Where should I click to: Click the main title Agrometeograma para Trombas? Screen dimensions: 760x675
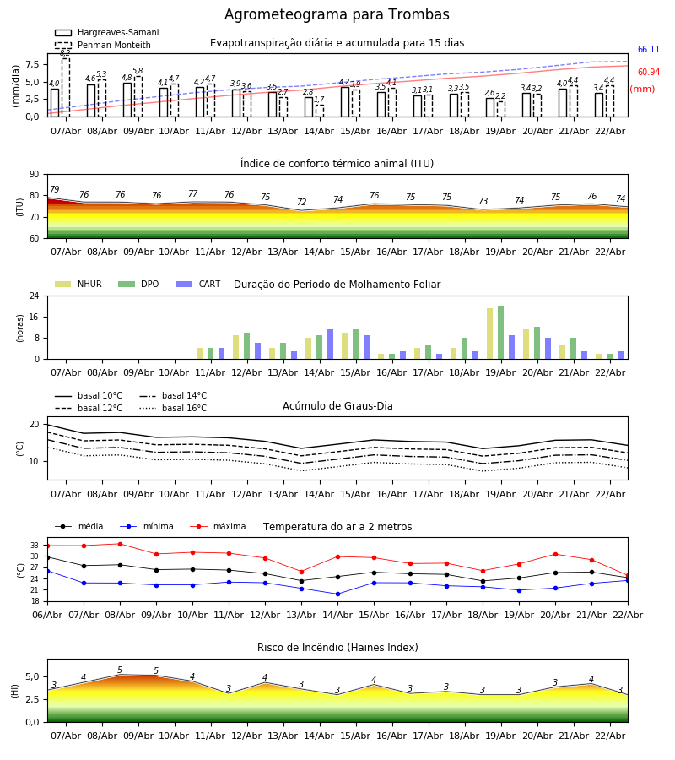[x=337, y=15]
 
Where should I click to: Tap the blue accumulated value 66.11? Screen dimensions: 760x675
[x=648, y=50]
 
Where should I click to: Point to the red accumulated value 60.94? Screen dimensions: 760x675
[x=648, y=73]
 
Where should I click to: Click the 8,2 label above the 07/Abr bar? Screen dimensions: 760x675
[x=65, y=53]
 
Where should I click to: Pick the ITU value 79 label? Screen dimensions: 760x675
[x=54, y=190]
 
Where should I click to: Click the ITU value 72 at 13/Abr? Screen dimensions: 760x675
[x=301, y=203]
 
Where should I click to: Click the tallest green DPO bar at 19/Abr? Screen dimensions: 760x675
[x=500, y=332]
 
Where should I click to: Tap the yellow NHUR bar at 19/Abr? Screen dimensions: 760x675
[x=489, y=334]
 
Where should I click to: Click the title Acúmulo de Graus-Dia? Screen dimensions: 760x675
[x=337, y=406]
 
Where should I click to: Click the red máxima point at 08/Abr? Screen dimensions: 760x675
[x=120, y=544]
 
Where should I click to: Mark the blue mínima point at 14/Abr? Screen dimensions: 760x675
[x=337, y=594]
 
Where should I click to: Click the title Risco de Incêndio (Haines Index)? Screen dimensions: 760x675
[x=337, y=648]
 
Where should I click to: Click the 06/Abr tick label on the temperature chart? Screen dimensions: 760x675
[x=47, y=614]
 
